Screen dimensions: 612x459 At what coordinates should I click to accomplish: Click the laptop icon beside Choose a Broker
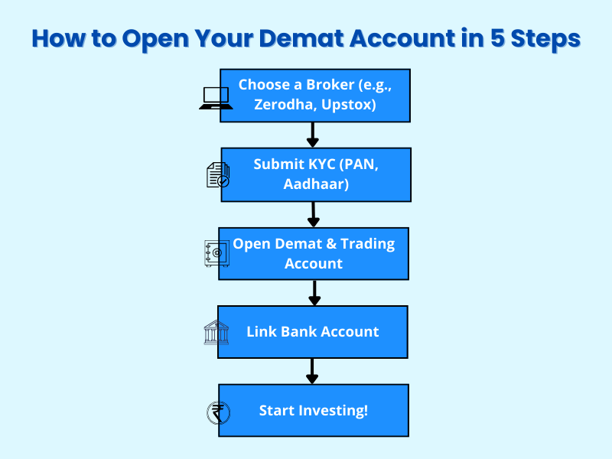click(216, 98)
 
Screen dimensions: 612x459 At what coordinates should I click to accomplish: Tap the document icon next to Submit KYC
click(218, 175)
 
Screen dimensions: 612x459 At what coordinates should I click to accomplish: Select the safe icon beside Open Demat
click(216, 253)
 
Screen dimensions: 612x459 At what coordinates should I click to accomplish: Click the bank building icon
click(216, 333)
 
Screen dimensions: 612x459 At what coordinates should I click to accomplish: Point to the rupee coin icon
click(218, 412)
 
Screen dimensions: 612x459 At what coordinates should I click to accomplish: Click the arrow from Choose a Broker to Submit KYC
click(312, 135)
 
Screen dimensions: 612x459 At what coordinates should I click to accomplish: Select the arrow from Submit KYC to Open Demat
click(314, 214)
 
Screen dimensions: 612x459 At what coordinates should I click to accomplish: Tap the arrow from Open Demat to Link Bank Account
click(314, 293)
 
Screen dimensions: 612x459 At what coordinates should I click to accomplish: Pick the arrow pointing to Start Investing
click(312, 371)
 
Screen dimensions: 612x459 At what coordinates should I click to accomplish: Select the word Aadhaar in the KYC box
click(316, 184)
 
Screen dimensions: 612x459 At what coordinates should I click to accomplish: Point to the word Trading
click(367, 244)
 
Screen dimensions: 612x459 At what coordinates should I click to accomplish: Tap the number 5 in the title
click(497, 38)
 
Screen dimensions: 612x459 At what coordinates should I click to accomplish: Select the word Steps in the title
click(545, 39)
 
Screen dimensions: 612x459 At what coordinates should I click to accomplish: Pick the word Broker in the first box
click(330, 85)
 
